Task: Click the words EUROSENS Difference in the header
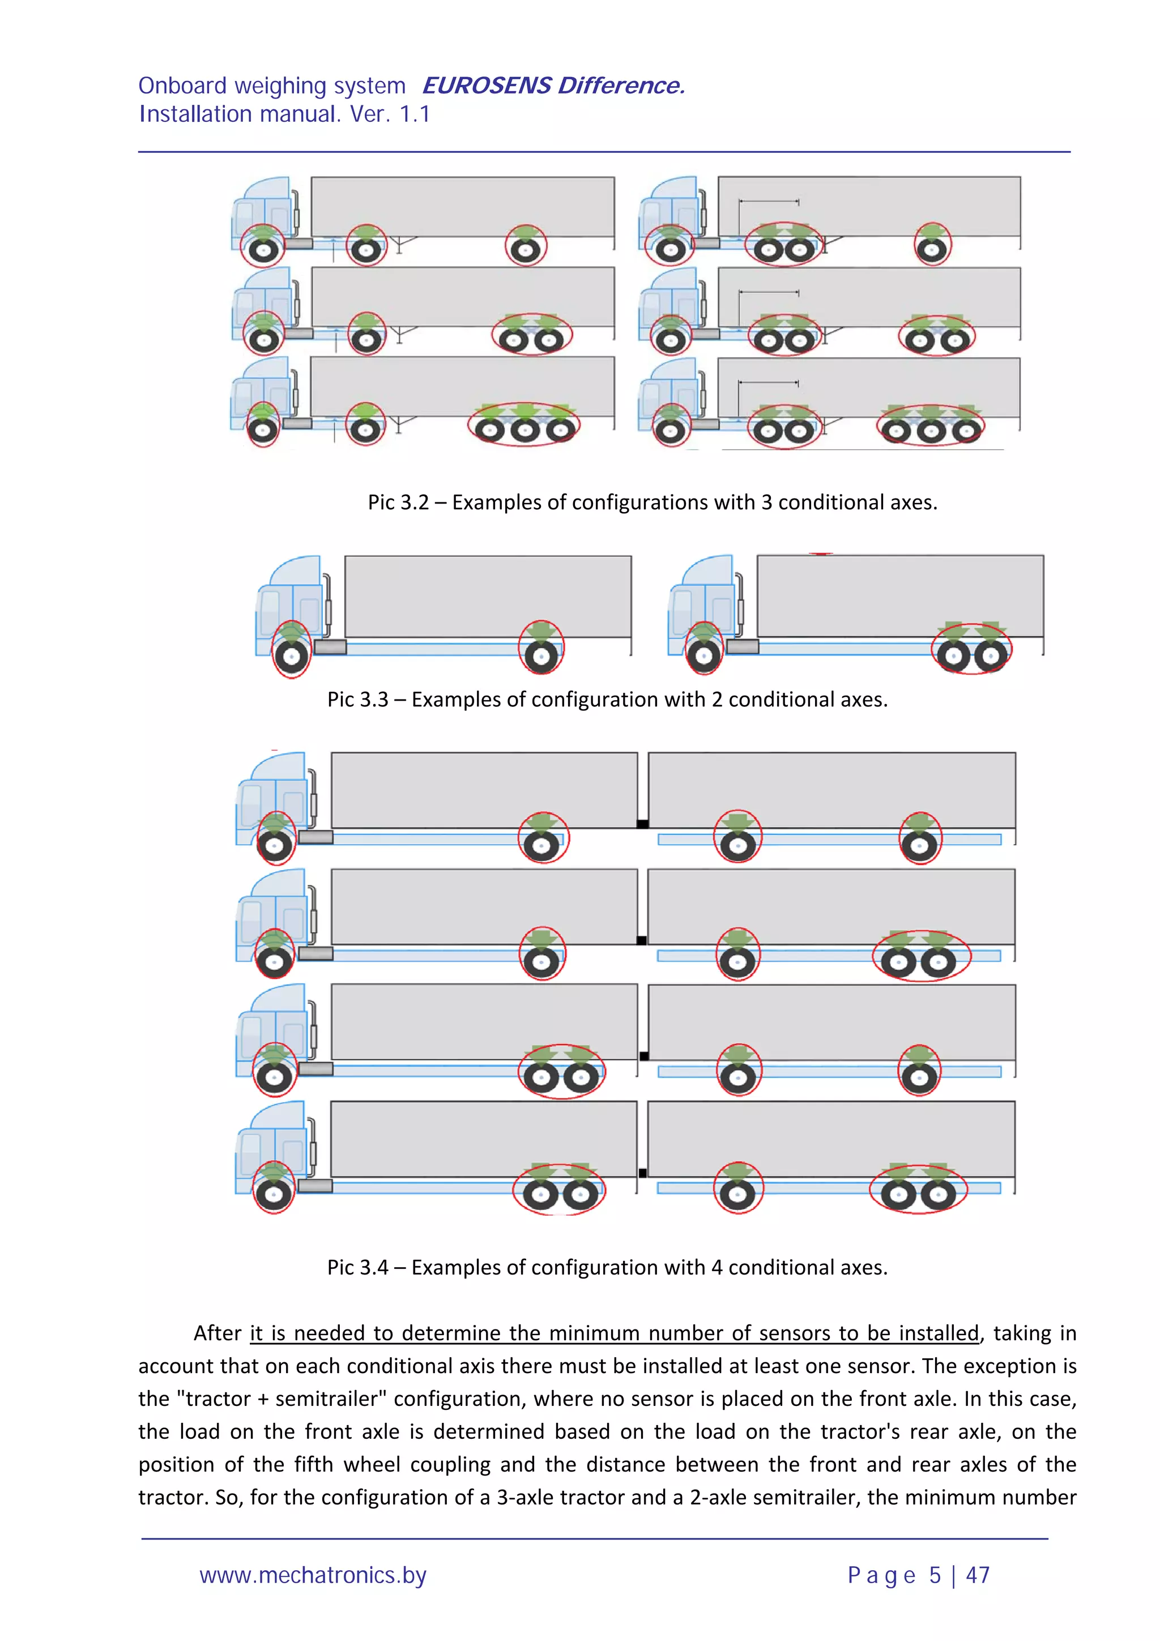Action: point(552,86)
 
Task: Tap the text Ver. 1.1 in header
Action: point(390,114)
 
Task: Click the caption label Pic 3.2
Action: point(398,502)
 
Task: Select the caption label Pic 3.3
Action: point(357,699)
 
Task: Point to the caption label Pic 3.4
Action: point(357,1267)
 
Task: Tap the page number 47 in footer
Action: point(977,1575)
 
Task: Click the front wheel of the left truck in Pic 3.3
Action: point(292,655)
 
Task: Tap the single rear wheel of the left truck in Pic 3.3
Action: point(541,655)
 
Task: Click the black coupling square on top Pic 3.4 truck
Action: point(642,824)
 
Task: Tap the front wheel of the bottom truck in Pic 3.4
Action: point(274,1194)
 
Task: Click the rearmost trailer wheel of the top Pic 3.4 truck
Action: point(920,846)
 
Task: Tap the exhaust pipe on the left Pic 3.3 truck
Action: point(328,604)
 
